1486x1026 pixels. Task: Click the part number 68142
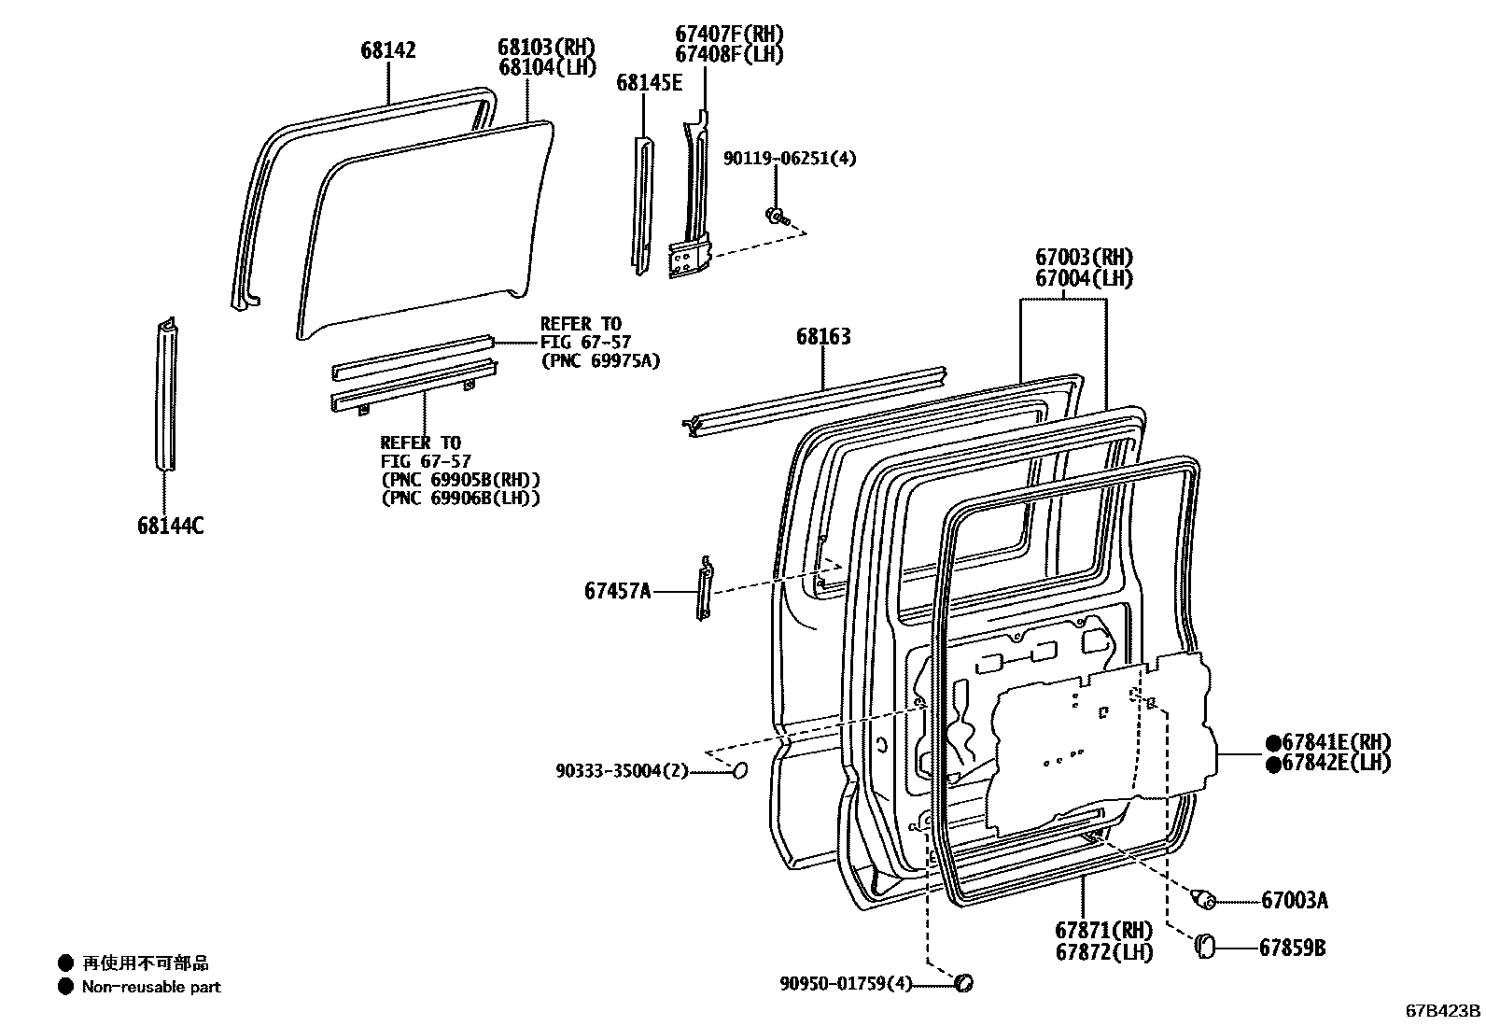pos(388,50)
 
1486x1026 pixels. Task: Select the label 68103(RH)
pos(546,47)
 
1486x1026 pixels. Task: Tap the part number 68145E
pos(649,83)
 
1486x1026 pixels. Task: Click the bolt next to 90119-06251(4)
pos(777,218)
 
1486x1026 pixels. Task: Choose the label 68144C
pos(170,527)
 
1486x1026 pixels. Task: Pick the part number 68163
pos(823,336)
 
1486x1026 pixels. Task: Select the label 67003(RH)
pos(1083,257)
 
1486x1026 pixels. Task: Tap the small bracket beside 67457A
pos(705,587)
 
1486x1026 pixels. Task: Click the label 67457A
pos(618,591)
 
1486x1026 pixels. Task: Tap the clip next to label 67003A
pos(1205,900)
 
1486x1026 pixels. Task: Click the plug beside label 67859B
pos(1205,946)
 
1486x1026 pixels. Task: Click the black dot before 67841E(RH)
pos(1272,743)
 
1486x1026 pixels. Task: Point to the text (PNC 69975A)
pos(600,361)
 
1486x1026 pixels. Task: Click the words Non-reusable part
pos(151,987)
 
